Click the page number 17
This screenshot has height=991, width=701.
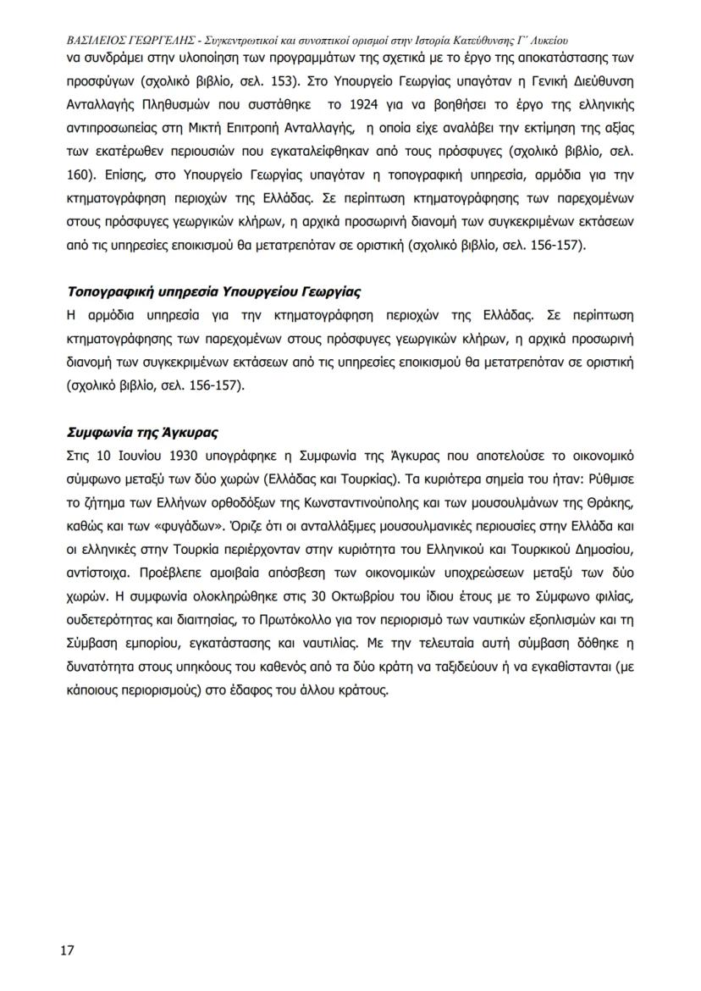click(67, 949)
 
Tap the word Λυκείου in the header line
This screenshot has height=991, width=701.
click(543, 40)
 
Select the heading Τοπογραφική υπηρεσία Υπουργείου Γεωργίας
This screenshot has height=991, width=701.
click(213, 292)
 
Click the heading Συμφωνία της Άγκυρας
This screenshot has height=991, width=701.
click(142, 432)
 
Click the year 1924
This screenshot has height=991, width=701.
click(343, 108)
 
